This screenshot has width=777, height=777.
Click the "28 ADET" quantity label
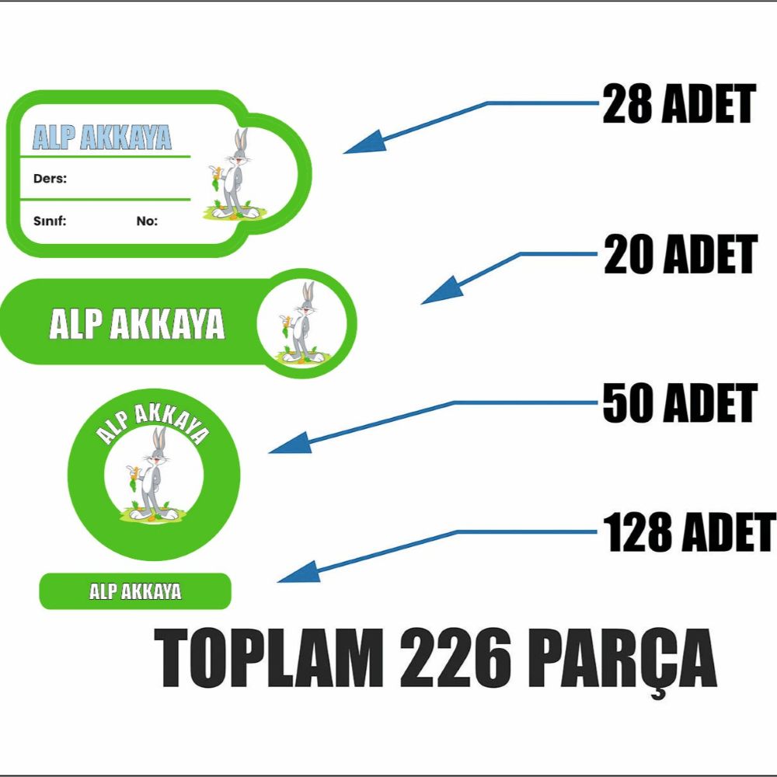(679, 103)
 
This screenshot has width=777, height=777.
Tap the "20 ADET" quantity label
(681, 254)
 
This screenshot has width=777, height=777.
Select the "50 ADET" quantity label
(680, 402)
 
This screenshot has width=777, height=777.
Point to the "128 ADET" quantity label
(689, 531)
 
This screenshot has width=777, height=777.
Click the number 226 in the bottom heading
(455, 657)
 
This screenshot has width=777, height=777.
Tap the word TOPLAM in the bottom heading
(269, 657)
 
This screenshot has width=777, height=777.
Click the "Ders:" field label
(50, 179)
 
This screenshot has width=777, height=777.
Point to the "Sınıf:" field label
(50, 221)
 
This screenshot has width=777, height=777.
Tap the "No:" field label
(147, 221)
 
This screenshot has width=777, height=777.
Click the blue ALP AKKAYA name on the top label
(102, 138)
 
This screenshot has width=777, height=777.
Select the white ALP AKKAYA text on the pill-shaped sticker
(138, 324)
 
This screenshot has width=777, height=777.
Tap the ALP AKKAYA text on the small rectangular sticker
(135, 591)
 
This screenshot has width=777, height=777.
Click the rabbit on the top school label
(232, 174)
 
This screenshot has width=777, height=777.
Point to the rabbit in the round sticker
(153, 475)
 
